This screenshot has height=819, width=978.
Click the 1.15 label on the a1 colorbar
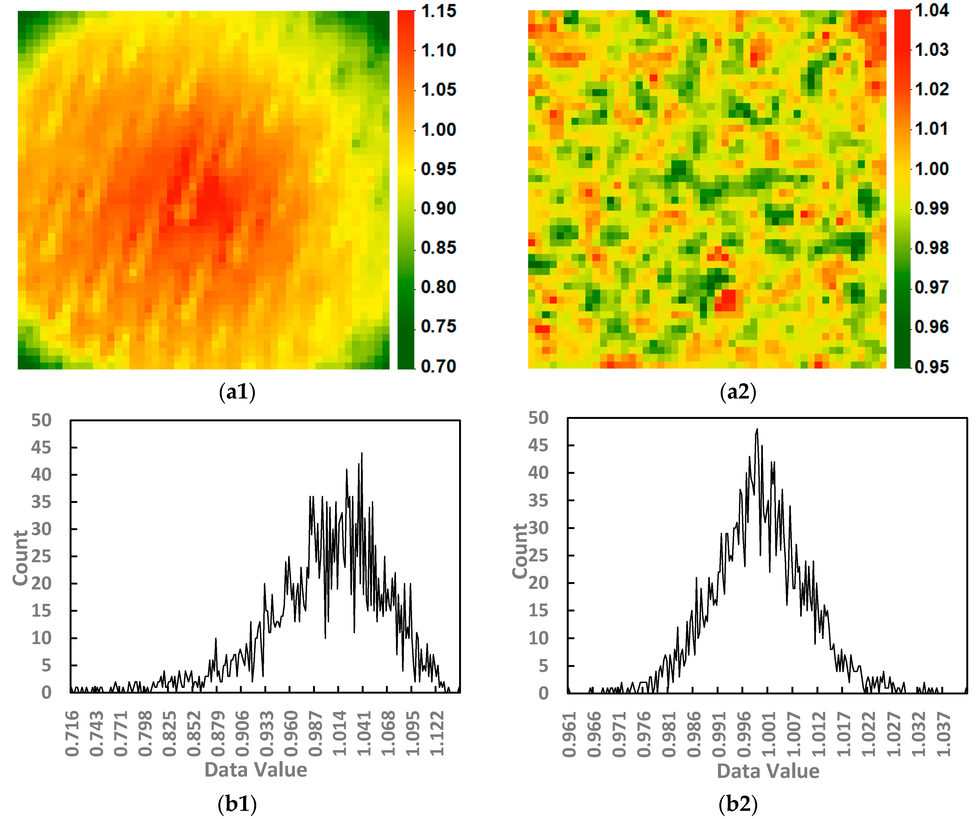438,11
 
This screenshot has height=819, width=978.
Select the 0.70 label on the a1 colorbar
438,366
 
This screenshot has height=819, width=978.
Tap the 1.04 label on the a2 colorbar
931,10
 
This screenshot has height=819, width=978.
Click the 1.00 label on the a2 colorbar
931,169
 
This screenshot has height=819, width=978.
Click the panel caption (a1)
237,392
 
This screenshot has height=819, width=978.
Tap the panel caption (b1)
237,803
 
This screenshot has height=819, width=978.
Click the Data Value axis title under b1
256,769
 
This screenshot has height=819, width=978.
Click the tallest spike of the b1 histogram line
362,453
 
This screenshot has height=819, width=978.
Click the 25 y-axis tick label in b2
538,555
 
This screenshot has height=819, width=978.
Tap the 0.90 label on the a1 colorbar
438,208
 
